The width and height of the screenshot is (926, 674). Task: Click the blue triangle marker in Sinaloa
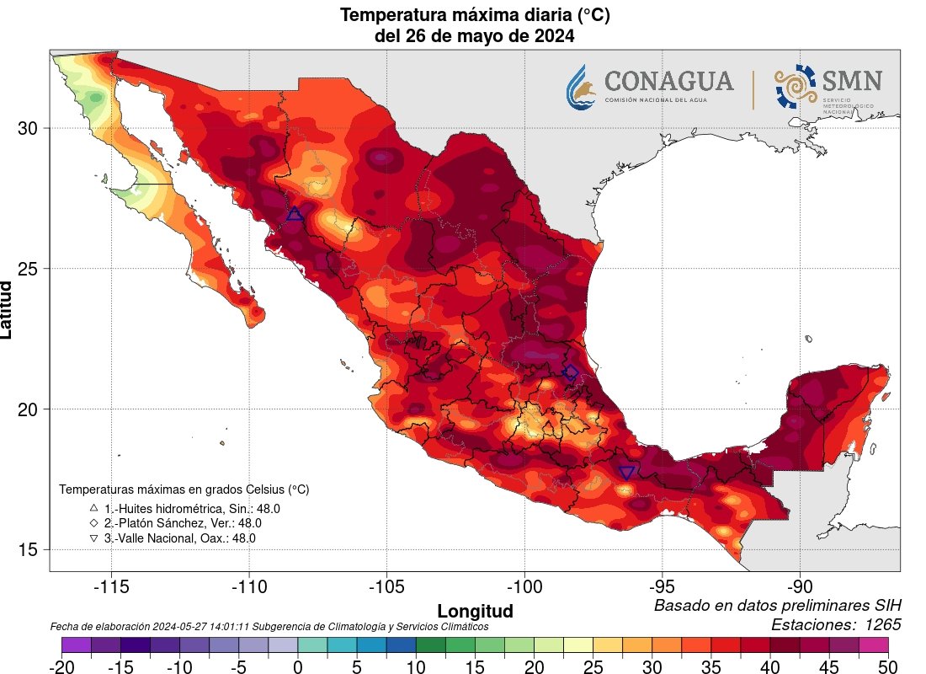pos(295,214)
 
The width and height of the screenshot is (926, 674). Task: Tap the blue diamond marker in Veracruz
pos(571,372)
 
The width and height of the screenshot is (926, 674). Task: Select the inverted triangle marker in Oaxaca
pos(627,473)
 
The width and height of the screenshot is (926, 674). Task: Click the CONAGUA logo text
pos(668,82)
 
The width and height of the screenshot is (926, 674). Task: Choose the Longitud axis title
pos(475,610)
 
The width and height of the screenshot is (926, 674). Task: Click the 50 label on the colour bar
pos(888,666)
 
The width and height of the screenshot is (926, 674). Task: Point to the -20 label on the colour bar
pos(61,666)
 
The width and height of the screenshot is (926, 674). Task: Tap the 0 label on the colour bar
pos(298,666)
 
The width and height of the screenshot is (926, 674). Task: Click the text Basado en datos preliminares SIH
pos(777,606)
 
